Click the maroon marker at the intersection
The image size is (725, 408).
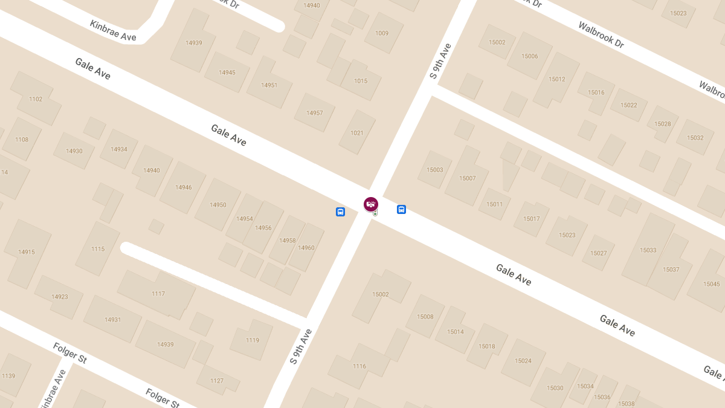pos(371,204)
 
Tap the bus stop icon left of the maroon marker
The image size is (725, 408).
pos(340,212)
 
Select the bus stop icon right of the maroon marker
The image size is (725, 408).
pos(401,209)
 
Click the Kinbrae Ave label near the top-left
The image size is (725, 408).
pos(113,31)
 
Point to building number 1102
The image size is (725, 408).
pos(36,99)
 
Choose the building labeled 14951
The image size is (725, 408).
pos(269,85)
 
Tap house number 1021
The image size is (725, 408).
pos(357,133)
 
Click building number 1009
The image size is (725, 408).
pos(382,33)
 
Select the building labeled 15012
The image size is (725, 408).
pos(556,79)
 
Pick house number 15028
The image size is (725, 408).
pos(662,124)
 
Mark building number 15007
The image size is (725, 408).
pos(467,178)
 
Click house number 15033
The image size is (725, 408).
pos(648,250)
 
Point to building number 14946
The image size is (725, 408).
pos(184,187)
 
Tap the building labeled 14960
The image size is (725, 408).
pos(306,248)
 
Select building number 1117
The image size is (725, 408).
pos(158,294)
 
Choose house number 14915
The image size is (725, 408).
pos(27,252)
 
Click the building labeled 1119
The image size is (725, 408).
pos(253,340)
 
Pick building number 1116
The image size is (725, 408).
pos(359,366)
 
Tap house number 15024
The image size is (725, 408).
pos(523,361)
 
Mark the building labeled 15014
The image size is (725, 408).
pos(455,332)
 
